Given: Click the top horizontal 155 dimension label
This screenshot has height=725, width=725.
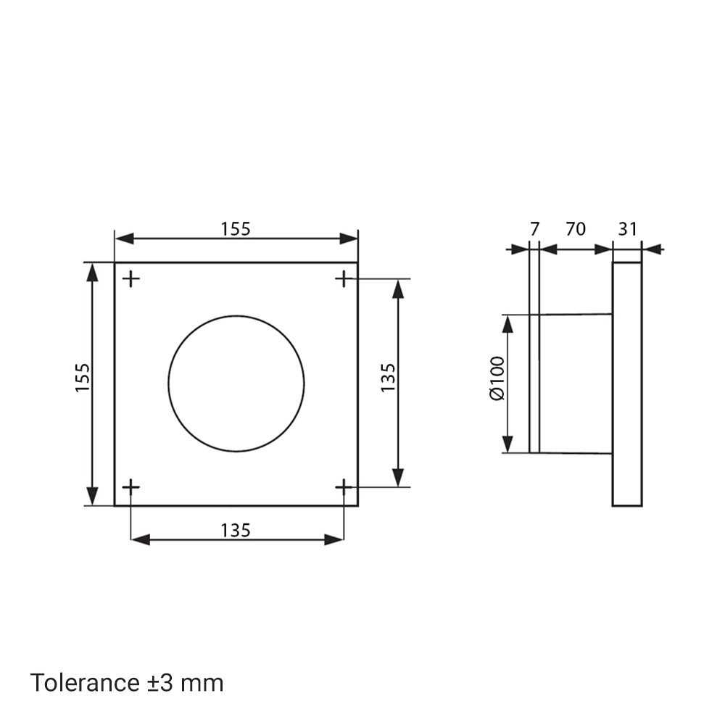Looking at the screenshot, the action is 236,229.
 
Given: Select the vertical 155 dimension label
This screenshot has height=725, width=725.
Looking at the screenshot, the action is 83,378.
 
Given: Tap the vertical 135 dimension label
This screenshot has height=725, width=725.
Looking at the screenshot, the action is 388,378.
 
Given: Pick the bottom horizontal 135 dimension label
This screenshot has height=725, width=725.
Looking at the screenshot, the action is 236,531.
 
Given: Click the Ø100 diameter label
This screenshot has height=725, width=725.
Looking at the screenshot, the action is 497,378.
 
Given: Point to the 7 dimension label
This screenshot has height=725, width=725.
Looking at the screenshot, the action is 534,229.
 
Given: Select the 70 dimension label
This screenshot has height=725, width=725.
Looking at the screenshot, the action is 576,229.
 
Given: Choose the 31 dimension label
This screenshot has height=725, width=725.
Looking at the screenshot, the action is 627,229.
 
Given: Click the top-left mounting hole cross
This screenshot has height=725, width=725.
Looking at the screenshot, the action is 131,279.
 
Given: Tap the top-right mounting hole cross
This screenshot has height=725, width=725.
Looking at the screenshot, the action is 344,279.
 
